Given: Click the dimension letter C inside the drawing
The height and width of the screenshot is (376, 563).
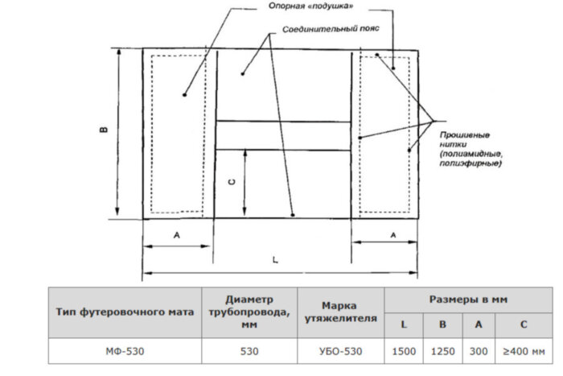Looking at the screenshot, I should coord(231,183).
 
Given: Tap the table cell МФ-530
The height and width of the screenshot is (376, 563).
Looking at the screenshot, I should coord(125,351).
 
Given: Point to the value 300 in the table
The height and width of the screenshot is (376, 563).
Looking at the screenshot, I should coord(478,351).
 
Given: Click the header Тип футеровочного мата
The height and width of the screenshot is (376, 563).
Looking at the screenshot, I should coord(125,312).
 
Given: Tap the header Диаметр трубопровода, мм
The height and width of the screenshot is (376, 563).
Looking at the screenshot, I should coord(250,312).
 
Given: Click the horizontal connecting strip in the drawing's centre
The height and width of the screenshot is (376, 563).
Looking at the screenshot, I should coord(283,134).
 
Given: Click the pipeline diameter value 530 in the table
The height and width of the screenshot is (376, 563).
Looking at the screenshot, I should coord(250,351).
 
